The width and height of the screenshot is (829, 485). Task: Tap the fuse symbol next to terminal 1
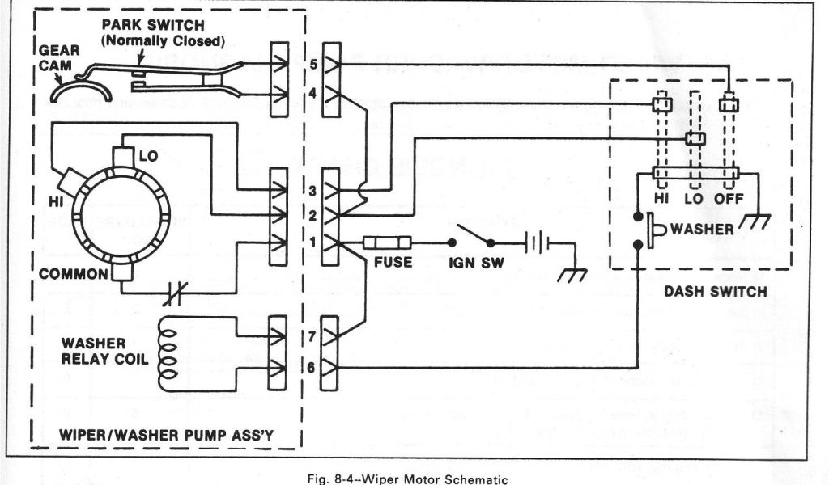pos(389,242)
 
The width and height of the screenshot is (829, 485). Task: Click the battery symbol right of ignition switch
pos(534,242)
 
